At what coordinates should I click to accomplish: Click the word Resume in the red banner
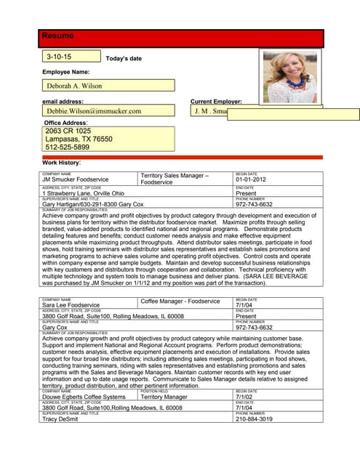click(x=57, y=36)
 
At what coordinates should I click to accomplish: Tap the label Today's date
click(x=124, y=58)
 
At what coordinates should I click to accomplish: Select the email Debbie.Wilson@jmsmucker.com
click(x=94, y=111)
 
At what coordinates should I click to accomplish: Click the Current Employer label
click(x=216, y=102)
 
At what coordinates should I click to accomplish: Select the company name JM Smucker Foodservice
click(x=76, y=179)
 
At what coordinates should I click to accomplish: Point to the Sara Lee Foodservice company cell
click(x=71, y=305)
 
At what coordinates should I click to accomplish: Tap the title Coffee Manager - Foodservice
click(x=180, y=301)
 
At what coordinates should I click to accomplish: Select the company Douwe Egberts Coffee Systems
click(x=84, y=397)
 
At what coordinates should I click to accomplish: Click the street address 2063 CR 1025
click(x=68, y=131)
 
